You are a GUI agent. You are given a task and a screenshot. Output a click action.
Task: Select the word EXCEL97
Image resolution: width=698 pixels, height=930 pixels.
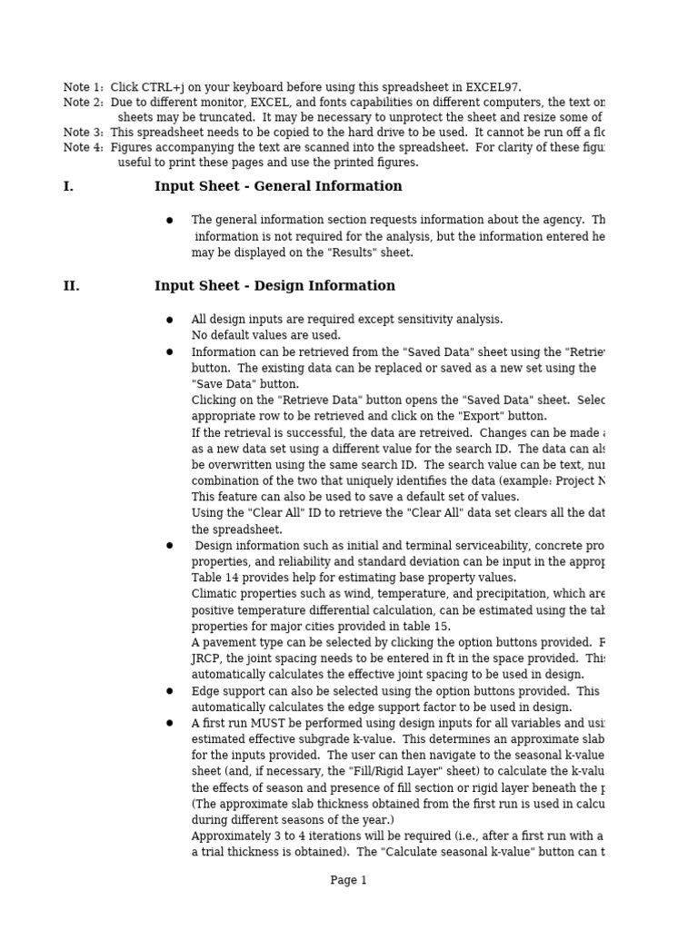(491, 88)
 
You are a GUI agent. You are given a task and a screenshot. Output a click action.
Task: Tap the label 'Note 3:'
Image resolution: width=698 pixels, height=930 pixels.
(84, 133)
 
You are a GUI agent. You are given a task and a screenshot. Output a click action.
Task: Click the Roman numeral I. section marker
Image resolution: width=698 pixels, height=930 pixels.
(68, 187)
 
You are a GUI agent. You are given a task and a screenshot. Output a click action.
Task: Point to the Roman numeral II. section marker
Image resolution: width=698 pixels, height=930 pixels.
(71, 287)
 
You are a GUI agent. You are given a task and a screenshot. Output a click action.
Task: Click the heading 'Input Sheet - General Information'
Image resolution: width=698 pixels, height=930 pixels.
(278, 187)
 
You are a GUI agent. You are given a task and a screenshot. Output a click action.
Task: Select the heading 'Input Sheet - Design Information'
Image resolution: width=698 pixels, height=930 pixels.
(274, 287)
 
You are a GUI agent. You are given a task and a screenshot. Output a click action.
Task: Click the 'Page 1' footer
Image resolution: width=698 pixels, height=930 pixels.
(348, 881)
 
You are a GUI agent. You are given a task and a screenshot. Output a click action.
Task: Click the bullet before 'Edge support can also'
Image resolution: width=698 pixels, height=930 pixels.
(169, 691)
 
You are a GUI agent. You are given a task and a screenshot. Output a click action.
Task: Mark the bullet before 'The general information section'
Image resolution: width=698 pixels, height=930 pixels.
(169, 221)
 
